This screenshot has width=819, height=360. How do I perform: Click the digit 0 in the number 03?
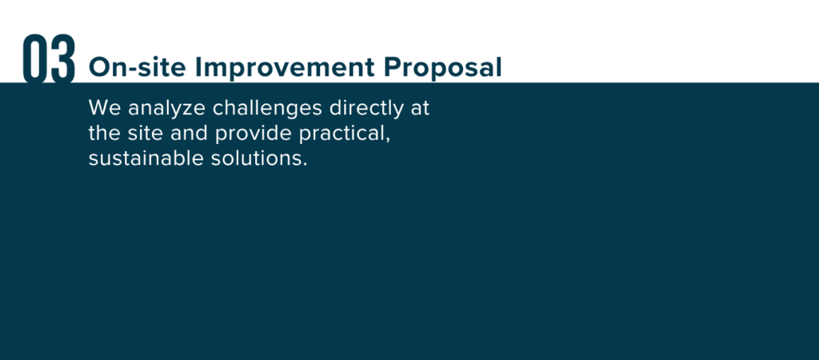tap(34, 58)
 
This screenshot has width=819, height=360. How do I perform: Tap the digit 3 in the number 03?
tap(63, 58)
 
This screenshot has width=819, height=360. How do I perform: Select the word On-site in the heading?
tap(137, 67)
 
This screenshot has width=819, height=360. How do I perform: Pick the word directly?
tap(366, 110)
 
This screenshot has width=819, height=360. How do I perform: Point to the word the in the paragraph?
tap(105, 134)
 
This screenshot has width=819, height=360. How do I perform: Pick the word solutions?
tap(256, 158)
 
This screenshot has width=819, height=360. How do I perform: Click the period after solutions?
tap(305, 165)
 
